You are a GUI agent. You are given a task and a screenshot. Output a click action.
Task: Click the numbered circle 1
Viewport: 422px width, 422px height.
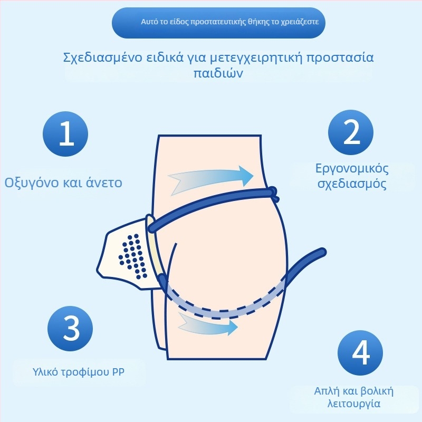[65, 134]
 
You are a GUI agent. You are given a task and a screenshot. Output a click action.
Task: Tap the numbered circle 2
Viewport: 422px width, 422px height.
[351, 132]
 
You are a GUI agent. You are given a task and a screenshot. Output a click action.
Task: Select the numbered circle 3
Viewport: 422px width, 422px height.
[70, 328]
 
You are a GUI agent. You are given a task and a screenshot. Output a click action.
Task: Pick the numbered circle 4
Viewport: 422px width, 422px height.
[360, 353]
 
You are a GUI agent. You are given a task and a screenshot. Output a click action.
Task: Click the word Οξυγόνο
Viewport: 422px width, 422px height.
[31, 183]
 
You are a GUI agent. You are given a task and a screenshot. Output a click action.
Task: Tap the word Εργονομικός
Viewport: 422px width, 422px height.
[352, 169]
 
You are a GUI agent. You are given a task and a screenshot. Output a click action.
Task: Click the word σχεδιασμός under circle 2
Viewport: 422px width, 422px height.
[352, 184]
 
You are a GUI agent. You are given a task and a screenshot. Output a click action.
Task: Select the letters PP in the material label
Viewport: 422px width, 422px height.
[118, 372]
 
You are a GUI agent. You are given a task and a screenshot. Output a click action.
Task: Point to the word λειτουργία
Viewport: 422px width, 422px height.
[353, 404]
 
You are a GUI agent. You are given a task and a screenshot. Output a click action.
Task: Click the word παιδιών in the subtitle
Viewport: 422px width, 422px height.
[218, 73]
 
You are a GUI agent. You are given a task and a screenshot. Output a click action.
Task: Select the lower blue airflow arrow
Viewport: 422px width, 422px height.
[207, 324]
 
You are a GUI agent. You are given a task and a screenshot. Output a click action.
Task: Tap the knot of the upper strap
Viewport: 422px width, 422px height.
[274, 194]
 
